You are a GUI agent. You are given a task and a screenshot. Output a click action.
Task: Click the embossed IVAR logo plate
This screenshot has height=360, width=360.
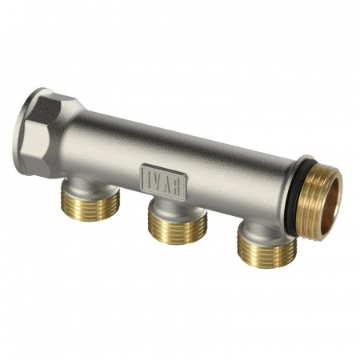[164, 178]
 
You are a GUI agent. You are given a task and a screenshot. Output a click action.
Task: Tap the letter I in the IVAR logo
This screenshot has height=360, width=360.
[148, 174]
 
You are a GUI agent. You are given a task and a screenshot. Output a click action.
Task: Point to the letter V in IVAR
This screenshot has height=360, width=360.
[158, 177]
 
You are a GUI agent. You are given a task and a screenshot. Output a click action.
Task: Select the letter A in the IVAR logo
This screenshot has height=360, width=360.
[169, 180]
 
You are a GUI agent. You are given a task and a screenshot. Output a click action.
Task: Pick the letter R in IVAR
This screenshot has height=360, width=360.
[179, 182]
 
